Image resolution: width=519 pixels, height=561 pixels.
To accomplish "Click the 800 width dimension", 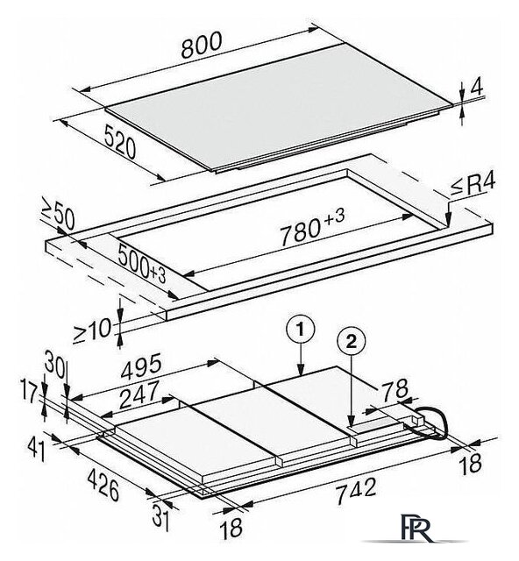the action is click(201, 45).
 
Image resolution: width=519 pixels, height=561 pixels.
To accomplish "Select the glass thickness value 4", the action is click(476, 86).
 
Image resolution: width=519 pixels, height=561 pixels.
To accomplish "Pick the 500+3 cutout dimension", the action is click(142, 264).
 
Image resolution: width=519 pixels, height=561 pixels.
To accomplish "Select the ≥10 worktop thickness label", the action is click(92, 330).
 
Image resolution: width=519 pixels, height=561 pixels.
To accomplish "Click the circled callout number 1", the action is click(301, 330).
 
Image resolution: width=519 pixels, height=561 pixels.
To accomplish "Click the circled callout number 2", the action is click(352, 343).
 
